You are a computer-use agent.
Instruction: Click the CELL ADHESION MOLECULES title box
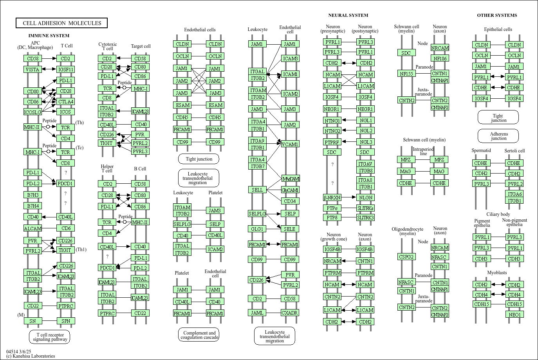pyautogui.click(x=61, y=23)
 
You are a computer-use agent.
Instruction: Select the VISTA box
pyautogui.click(x=32, y=69)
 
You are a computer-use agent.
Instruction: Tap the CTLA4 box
pyautogui.click(x=65, y=101)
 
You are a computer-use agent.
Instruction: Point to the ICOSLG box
pyautogui.click(x=32, y=112)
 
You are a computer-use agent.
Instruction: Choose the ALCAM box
pyautogui.click(x=32, y=228)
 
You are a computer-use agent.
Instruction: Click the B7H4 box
pyautogui.click(x=32, y=206)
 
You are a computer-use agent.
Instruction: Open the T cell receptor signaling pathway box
pyautogui.click(x=49, y=337)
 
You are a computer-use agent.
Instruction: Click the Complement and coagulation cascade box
pyautogui.click(x=199, y=335)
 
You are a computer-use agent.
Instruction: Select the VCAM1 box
pyautogui.click(x=290, y=144)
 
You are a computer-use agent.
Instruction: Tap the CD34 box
pyautogui.click(x=290, y=201)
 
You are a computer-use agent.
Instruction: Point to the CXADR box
pyautogui.click(x=290, y=313)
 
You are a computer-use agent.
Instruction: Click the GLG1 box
pyautogui.click(x=257, y=229)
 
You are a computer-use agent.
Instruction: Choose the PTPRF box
pyautogui.click(x=332, y=142)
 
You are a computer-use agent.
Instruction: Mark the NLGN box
pyautogui.click(x=366, y=197)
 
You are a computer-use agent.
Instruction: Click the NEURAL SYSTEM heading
pyautogui.click(x=348, y=15)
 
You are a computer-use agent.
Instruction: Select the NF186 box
pyautogui.click(x=440, y=58)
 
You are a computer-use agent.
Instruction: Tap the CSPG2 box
pyautogui.click(x=406, y=257)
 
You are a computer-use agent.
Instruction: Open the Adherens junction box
pyautogui.click(x=498, y=136)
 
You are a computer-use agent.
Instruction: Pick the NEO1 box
pyautogui.click(x=515, y=315)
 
